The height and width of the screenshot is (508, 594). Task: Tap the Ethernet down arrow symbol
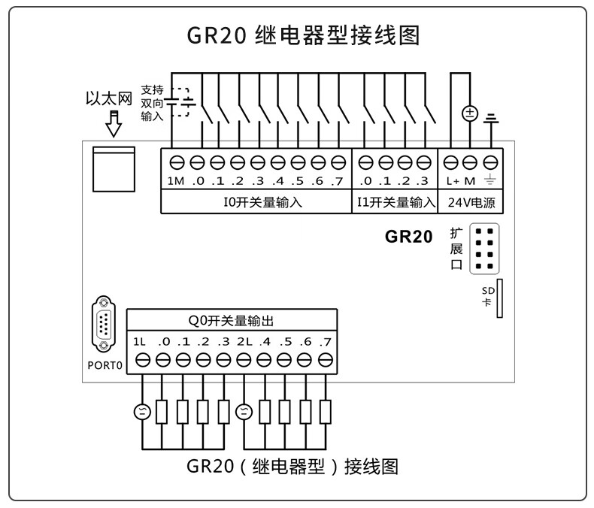pos(114,123)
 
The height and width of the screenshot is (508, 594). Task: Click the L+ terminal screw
pos(451,162)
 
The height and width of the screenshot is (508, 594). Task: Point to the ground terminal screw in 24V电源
pos(491,162)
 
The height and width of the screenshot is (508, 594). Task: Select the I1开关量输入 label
pos(395,202)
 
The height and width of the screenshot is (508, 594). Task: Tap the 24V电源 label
pos(471,202)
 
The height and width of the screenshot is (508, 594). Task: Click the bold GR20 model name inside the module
pos(409,237)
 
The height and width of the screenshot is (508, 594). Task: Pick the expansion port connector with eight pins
pos(485,249)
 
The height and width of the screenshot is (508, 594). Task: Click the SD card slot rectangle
pos(499,298)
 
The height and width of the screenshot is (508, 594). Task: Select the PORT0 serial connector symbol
pos(103,324)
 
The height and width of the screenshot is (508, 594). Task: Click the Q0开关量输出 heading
pos(231,321)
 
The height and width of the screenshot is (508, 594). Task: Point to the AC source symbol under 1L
pos(142,411)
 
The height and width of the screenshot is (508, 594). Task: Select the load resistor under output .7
pos(326,411)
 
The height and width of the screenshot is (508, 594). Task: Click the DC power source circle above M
pos(470,114)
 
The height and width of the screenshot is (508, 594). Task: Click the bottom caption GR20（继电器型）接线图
pos(292,467)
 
